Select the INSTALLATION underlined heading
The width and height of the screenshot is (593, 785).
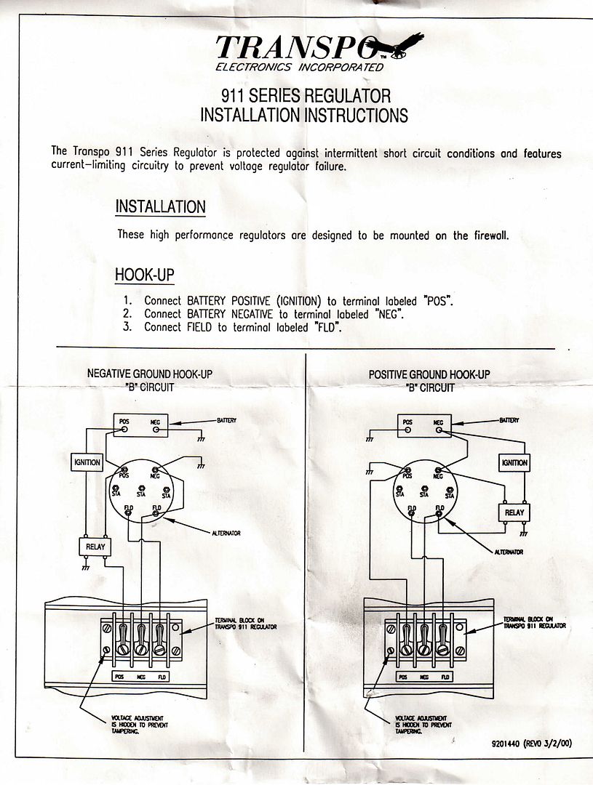pos(160,206)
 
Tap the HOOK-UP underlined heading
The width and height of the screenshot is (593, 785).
pos(144,275)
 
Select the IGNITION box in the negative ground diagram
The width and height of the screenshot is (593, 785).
pos(88,462)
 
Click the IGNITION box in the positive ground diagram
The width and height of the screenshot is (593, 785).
pos(514,462)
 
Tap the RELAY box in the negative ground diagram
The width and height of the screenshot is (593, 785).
pos(95,547)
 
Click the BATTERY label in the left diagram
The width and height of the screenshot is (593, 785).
pos(228,420)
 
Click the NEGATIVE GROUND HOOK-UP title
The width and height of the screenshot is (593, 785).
pos(150,374)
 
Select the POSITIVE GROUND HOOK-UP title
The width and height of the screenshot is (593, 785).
pos(429,374)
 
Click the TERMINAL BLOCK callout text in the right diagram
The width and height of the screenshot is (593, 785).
pos(535,622)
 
